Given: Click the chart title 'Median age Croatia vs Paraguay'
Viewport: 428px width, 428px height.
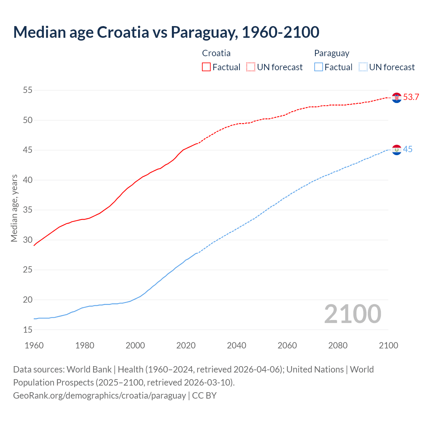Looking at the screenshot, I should (166, 32).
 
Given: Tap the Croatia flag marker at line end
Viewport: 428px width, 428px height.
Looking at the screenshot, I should (397, 98).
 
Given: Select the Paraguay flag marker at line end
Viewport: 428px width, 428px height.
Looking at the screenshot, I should (397, 150).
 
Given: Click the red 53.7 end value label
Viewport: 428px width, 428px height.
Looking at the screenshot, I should (411, 97).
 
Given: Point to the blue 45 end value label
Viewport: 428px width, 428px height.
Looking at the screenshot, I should (408, 149).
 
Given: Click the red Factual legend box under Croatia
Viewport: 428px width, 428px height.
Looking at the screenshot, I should (206, 67).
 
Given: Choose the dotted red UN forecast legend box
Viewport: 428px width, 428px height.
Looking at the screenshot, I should (251, 67).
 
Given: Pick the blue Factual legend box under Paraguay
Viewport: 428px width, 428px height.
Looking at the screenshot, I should (319, 67).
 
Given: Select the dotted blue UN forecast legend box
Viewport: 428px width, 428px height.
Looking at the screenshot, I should (363, 67).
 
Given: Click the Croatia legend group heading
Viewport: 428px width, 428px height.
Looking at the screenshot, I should (216, 53).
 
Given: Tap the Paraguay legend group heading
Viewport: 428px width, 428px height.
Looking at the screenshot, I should (332, 53).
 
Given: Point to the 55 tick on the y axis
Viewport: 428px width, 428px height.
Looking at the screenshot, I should (28, 90).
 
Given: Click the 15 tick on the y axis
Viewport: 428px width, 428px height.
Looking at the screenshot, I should (28, 330).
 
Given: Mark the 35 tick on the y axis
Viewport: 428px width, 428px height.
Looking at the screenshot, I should (28, 210).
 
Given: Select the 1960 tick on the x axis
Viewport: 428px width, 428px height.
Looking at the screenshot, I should (34, 345).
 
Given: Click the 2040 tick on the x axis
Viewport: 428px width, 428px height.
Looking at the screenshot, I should (236, 345).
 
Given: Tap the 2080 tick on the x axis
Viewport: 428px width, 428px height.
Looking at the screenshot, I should (338, 345).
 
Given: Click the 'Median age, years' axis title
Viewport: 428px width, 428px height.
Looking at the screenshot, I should (14, 208).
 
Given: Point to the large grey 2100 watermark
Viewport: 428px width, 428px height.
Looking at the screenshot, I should (352, 314).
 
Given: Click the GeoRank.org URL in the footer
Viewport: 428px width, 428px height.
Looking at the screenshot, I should (99, 396).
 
